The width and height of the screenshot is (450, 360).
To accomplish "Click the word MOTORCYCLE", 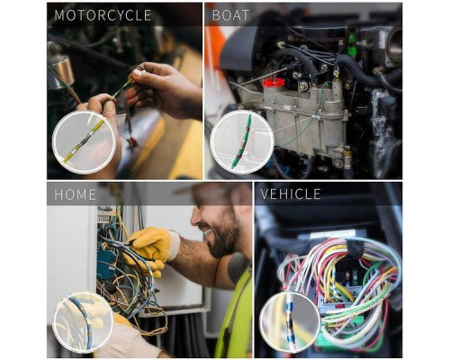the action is click(x=103, y=15).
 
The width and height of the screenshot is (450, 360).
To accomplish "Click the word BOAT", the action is click(x=230, y=15).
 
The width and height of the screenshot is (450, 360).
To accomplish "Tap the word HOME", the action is click(x=75, y=194).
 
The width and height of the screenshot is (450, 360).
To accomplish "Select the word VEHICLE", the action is click(x=291, y=194).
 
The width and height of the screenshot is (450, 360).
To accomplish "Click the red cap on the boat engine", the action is click(x=274, y=82).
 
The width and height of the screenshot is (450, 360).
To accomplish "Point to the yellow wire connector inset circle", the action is click(x=85, y=142).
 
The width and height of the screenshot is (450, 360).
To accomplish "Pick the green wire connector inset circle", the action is click(x=242, y=142).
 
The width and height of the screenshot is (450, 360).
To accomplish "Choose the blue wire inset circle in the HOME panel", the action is click(x=83, y=322).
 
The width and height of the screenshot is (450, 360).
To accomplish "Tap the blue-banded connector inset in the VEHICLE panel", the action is click(x=290, y=323).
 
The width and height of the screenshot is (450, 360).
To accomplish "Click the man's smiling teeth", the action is click(x=208, y=232).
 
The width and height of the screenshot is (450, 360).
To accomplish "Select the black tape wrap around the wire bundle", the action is click(x=354, y=248).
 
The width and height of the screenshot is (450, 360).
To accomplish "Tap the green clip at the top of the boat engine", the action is click(x=351, y=44).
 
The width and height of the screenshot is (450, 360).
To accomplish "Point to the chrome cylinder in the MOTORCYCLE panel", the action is click(x=61, y=69).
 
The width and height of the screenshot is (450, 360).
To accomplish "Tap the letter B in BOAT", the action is click(x=216, y=15).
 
